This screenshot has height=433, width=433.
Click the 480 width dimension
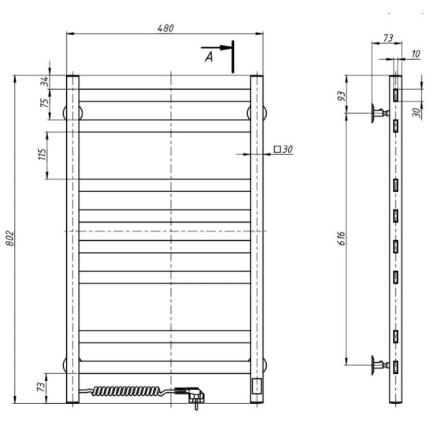pos(165,28)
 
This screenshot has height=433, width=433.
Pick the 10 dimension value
pos(415,54)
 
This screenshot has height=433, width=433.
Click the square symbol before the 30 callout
pos(278,148)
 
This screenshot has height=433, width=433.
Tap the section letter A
pos(209,57)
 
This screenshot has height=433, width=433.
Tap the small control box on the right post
pos(257,386)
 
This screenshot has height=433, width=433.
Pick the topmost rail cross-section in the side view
pos(397,94)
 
